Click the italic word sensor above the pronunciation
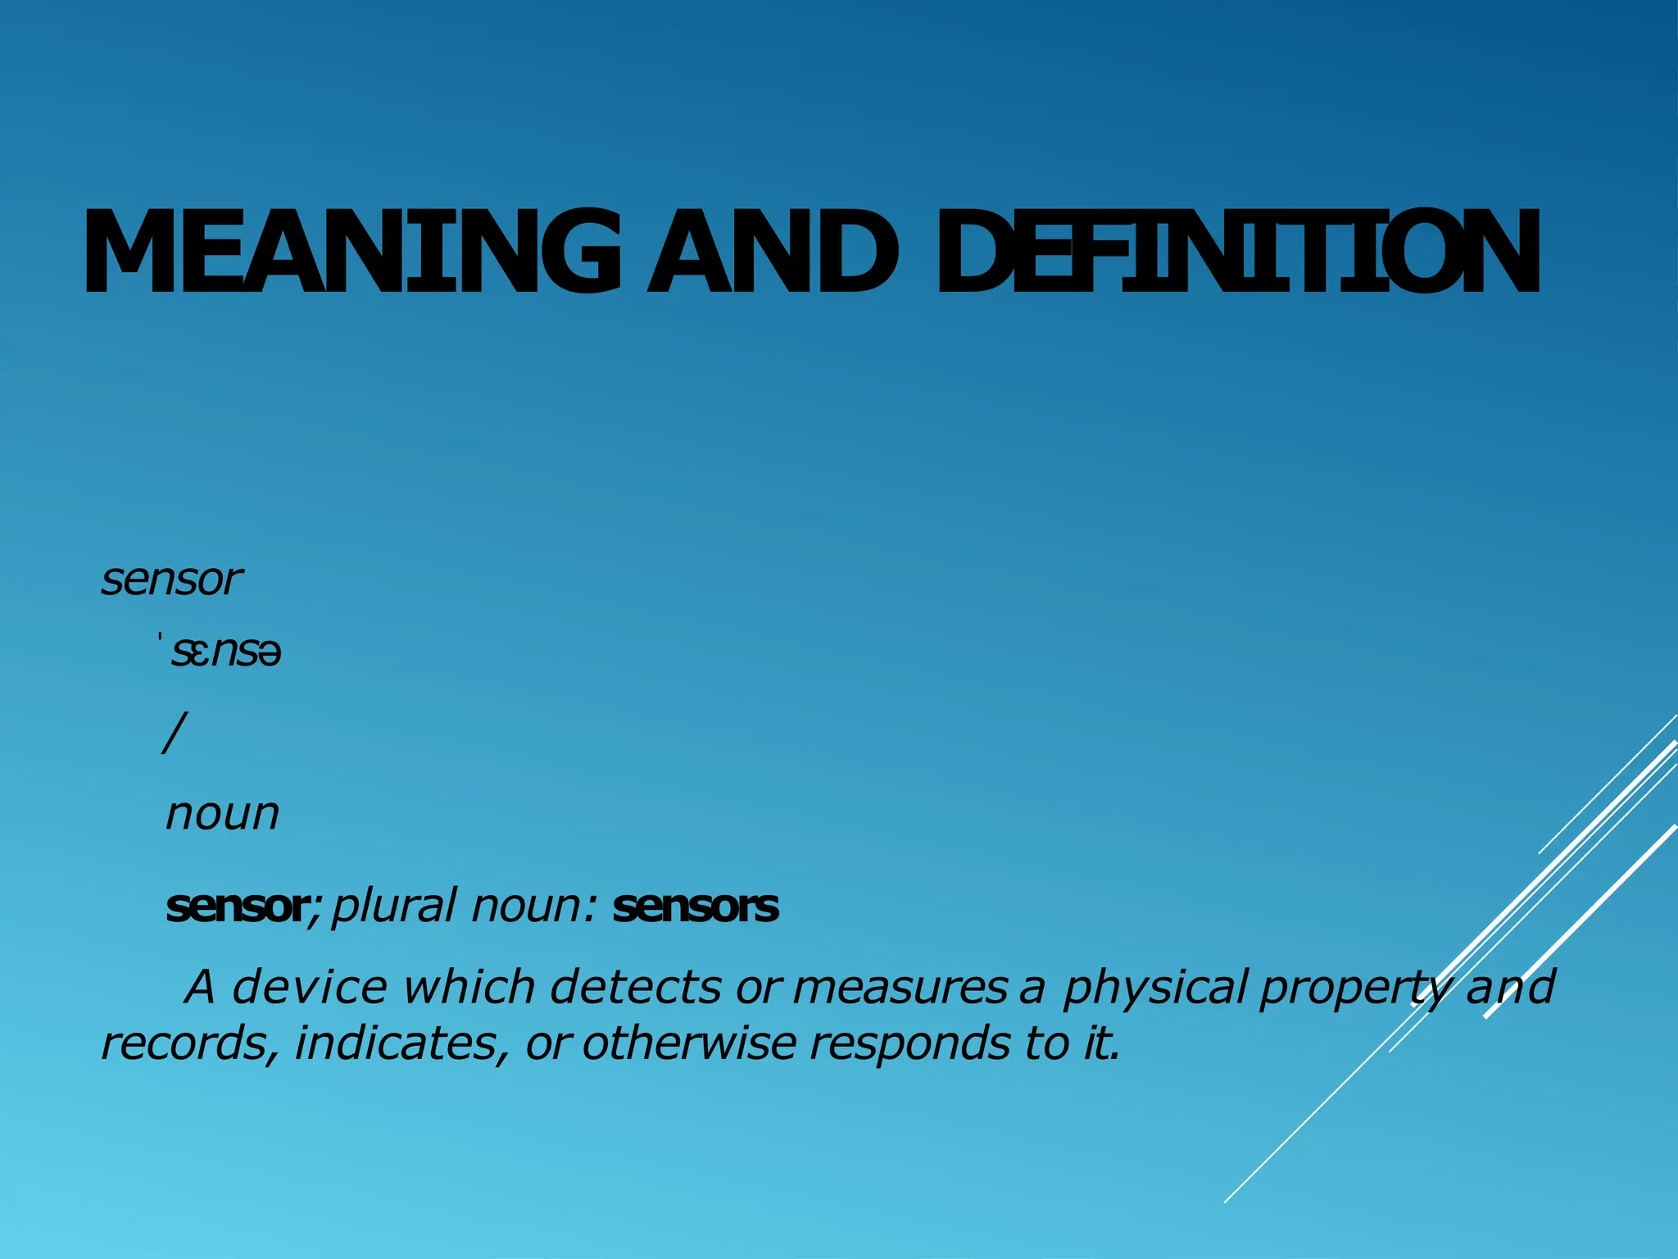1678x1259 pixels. pyautogui.click(x=171, y=580)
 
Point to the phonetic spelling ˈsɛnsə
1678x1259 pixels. pyautogui.click(x=223, y=653)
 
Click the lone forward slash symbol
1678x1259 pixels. pyautogui.click(x=175, y=732)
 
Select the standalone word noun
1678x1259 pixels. pyautogui.click(x=222, y=815)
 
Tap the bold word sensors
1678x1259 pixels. pyautogui.click(x=696, y=907)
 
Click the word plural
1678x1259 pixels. pyautogui.click(x=393, y=907)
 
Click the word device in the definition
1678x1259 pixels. pyautogui.click(x=310, y=987)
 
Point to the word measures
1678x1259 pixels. pyautogui.click(x=899, y=987)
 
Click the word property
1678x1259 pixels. pyautogui.click(x=1354, y=989)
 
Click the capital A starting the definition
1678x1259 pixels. pyautogui.click(x=200, y=987)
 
